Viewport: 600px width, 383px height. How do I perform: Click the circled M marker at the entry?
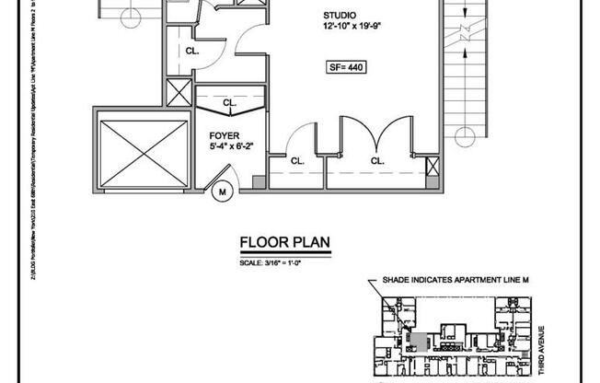[x=222, y=192]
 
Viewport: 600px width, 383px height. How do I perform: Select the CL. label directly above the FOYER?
[x=229, y=103]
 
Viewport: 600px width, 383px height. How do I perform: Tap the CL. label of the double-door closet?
[x=377, y=160]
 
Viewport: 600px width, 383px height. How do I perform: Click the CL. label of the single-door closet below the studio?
[x=297, y=160]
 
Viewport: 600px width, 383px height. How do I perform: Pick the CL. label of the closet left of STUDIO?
[x=193, y=51]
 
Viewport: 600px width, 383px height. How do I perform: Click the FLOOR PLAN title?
[x=284, y=244]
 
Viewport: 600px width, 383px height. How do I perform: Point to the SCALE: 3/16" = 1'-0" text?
[x=272, y=264]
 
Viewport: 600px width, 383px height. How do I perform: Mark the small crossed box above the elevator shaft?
[x=178, y=93]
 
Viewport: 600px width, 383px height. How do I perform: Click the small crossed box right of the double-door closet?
[x=433, y=168]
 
